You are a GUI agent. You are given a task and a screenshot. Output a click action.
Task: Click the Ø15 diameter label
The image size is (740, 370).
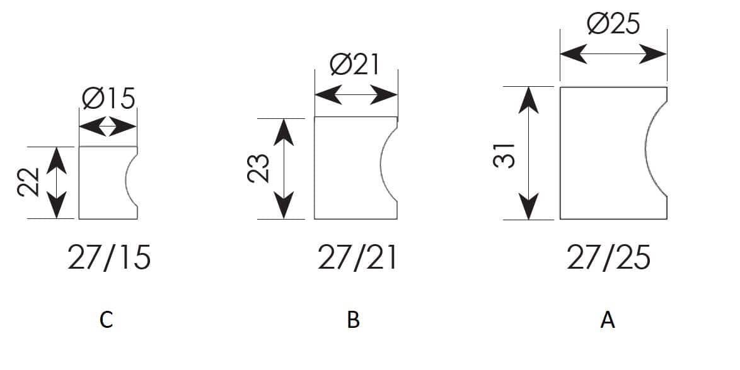tap(108, 98)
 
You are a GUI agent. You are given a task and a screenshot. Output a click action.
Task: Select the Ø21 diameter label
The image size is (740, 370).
tap(355, 65)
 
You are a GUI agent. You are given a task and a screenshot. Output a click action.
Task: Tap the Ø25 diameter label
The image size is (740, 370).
tap(613, 23)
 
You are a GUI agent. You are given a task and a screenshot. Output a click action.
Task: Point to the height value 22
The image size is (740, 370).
tap(28, 182)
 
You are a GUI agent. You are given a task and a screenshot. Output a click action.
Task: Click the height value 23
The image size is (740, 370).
tap(258, 168)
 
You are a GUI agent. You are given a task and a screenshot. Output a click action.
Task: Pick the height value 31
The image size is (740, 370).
tap(504, 155)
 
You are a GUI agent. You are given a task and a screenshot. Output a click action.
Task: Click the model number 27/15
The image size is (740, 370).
tap(109, 257)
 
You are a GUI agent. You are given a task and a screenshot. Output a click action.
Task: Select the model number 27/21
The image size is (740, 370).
tap(357, 257)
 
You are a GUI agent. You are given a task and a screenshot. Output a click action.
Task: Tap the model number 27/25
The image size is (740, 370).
tap(608, 257)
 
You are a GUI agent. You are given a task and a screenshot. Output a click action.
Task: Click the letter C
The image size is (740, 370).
tap(106, 320)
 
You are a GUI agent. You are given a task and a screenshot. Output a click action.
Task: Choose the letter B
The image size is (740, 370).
tap(353, 320)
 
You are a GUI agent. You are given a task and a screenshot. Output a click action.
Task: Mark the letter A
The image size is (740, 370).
tap(608, 320)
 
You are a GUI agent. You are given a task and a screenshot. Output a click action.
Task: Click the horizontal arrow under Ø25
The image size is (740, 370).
tap(613, 54)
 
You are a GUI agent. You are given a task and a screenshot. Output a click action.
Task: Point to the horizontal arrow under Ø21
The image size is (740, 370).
tap(356, 95)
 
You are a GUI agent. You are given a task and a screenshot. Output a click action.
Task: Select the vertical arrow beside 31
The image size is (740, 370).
tap(529, 153)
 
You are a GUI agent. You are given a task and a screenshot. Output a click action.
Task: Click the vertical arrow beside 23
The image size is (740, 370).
tap(284, 169)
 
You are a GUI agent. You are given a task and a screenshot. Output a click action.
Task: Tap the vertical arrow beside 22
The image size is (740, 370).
tap(57, 183)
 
